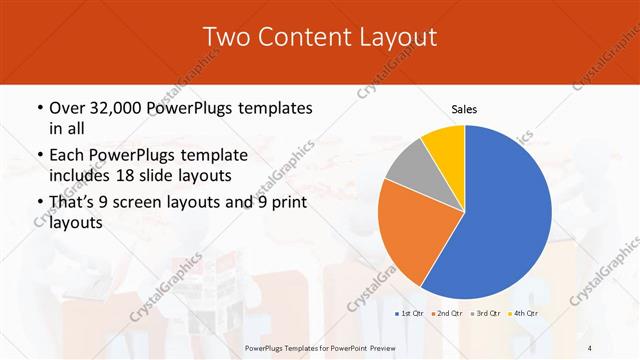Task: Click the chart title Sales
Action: click(x=465, y=109)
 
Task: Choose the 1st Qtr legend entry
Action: click(x=409, y=314)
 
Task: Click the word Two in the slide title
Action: click(x=226, y=37)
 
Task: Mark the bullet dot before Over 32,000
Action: click(x=38, y=108)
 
